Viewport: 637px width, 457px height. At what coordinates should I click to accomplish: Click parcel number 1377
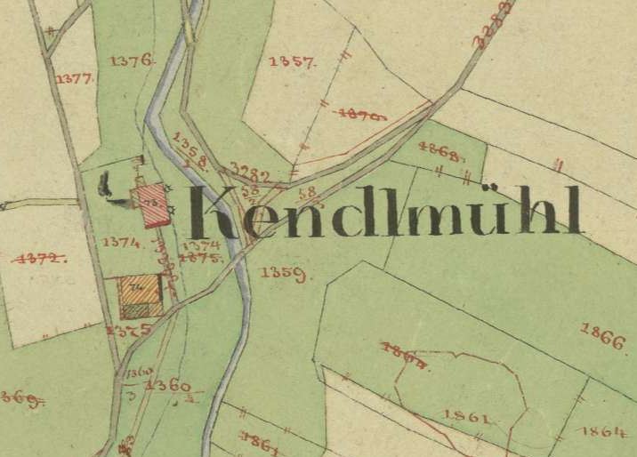(75, 79)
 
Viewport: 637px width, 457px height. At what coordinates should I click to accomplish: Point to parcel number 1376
(133, 60)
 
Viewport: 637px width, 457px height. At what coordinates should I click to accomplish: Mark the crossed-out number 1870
(364, 114)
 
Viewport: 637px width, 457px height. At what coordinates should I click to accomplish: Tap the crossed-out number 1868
(439, 152)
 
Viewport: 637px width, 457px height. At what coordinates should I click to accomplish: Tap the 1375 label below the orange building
(122, 330)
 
